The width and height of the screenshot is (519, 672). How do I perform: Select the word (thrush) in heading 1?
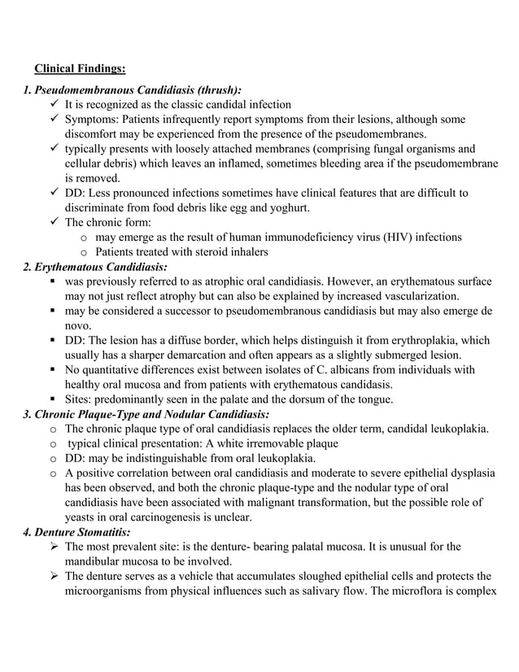pyautogui.click(x=216, y=89)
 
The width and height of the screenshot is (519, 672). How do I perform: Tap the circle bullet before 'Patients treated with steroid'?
pyautogui.click(x=86, y=252)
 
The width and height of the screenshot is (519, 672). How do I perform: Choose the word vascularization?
pyautogui.click(x=412, y=295)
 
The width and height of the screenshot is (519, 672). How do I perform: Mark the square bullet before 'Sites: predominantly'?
pyautogui.click(x=53, y=399)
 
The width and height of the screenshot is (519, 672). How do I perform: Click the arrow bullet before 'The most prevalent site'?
pyautogui.click(x=54, y=547)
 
